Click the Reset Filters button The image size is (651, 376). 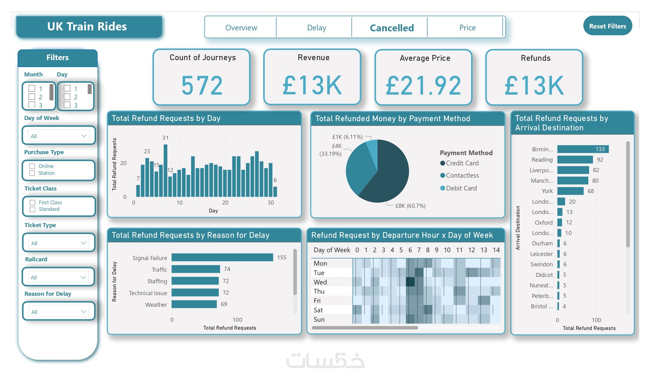tap(607, 26)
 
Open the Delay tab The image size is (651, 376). tap(316, 28)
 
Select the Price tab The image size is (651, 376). tap(467, 28)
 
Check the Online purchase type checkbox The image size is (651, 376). tap(32, 166)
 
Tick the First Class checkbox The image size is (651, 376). tap(32, 202)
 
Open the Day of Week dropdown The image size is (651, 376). tap(59, 136)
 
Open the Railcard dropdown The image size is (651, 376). tap(59, 277)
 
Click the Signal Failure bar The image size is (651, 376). tap(222, 257)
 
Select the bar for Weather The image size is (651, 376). tap(194, 304)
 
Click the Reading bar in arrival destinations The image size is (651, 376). tap(575, 159)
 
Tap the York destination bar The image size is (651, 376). tap(570, 191)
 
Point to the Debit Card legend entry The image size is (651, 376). tap(461, 188)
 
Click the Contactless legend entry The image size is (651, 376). tap(462, 175)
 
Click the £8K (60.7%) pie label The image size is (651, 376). tap(410, 206)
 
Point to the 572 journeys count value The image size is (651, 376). tap(202, 85)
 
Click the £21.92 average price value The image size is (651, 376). tap(424, 85)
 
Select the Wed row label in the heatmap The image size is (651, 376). tap(320, 282)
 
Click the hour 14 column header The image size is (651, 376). tap(496, 250)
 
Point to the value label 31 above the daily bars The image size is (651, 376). tap(165, 138)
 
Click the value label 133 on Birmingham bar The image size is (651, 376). tap(600, 149)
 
